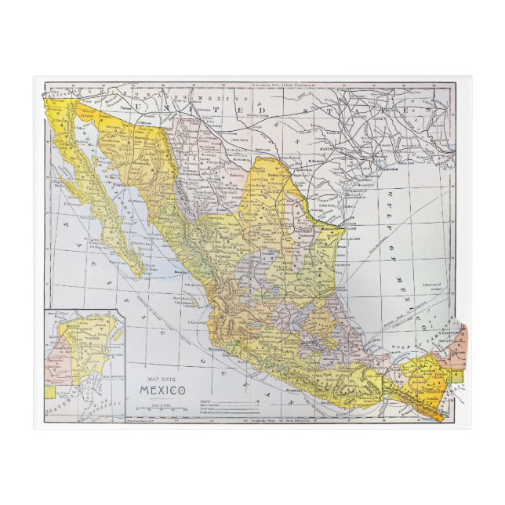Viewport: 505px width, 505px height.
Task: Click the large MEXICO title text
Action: tap(164, 390)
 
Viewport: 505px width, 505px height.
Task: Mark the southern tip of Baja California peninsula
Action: tap(141, 275)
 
